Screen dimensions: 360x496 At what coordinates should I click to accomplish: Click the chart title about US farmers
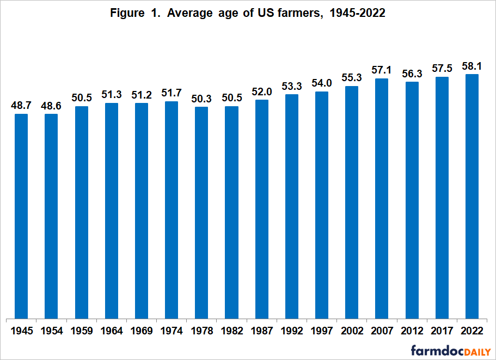(x=248, y=14)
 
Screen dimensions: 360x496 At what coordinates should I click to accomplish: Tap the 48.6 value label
(x=51, y=105)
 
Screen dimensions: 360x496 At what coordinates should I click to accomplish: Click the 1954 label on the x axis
(x=51, y=331)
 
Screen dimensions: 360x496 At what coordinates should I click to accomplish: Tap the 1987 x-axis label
(x=261, y=331)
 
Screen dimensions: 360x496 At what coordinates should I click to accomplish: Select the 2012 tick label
(x=412, y=331)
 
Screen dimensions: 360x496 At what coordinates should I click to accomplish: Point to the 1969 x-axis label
(x=142, y=331)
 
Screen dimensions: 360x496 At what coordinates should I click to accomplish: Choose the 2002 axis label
(x=352, y=331)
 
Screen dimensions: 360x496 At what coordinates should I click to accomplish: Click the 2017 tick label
(x=442, y=331)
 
